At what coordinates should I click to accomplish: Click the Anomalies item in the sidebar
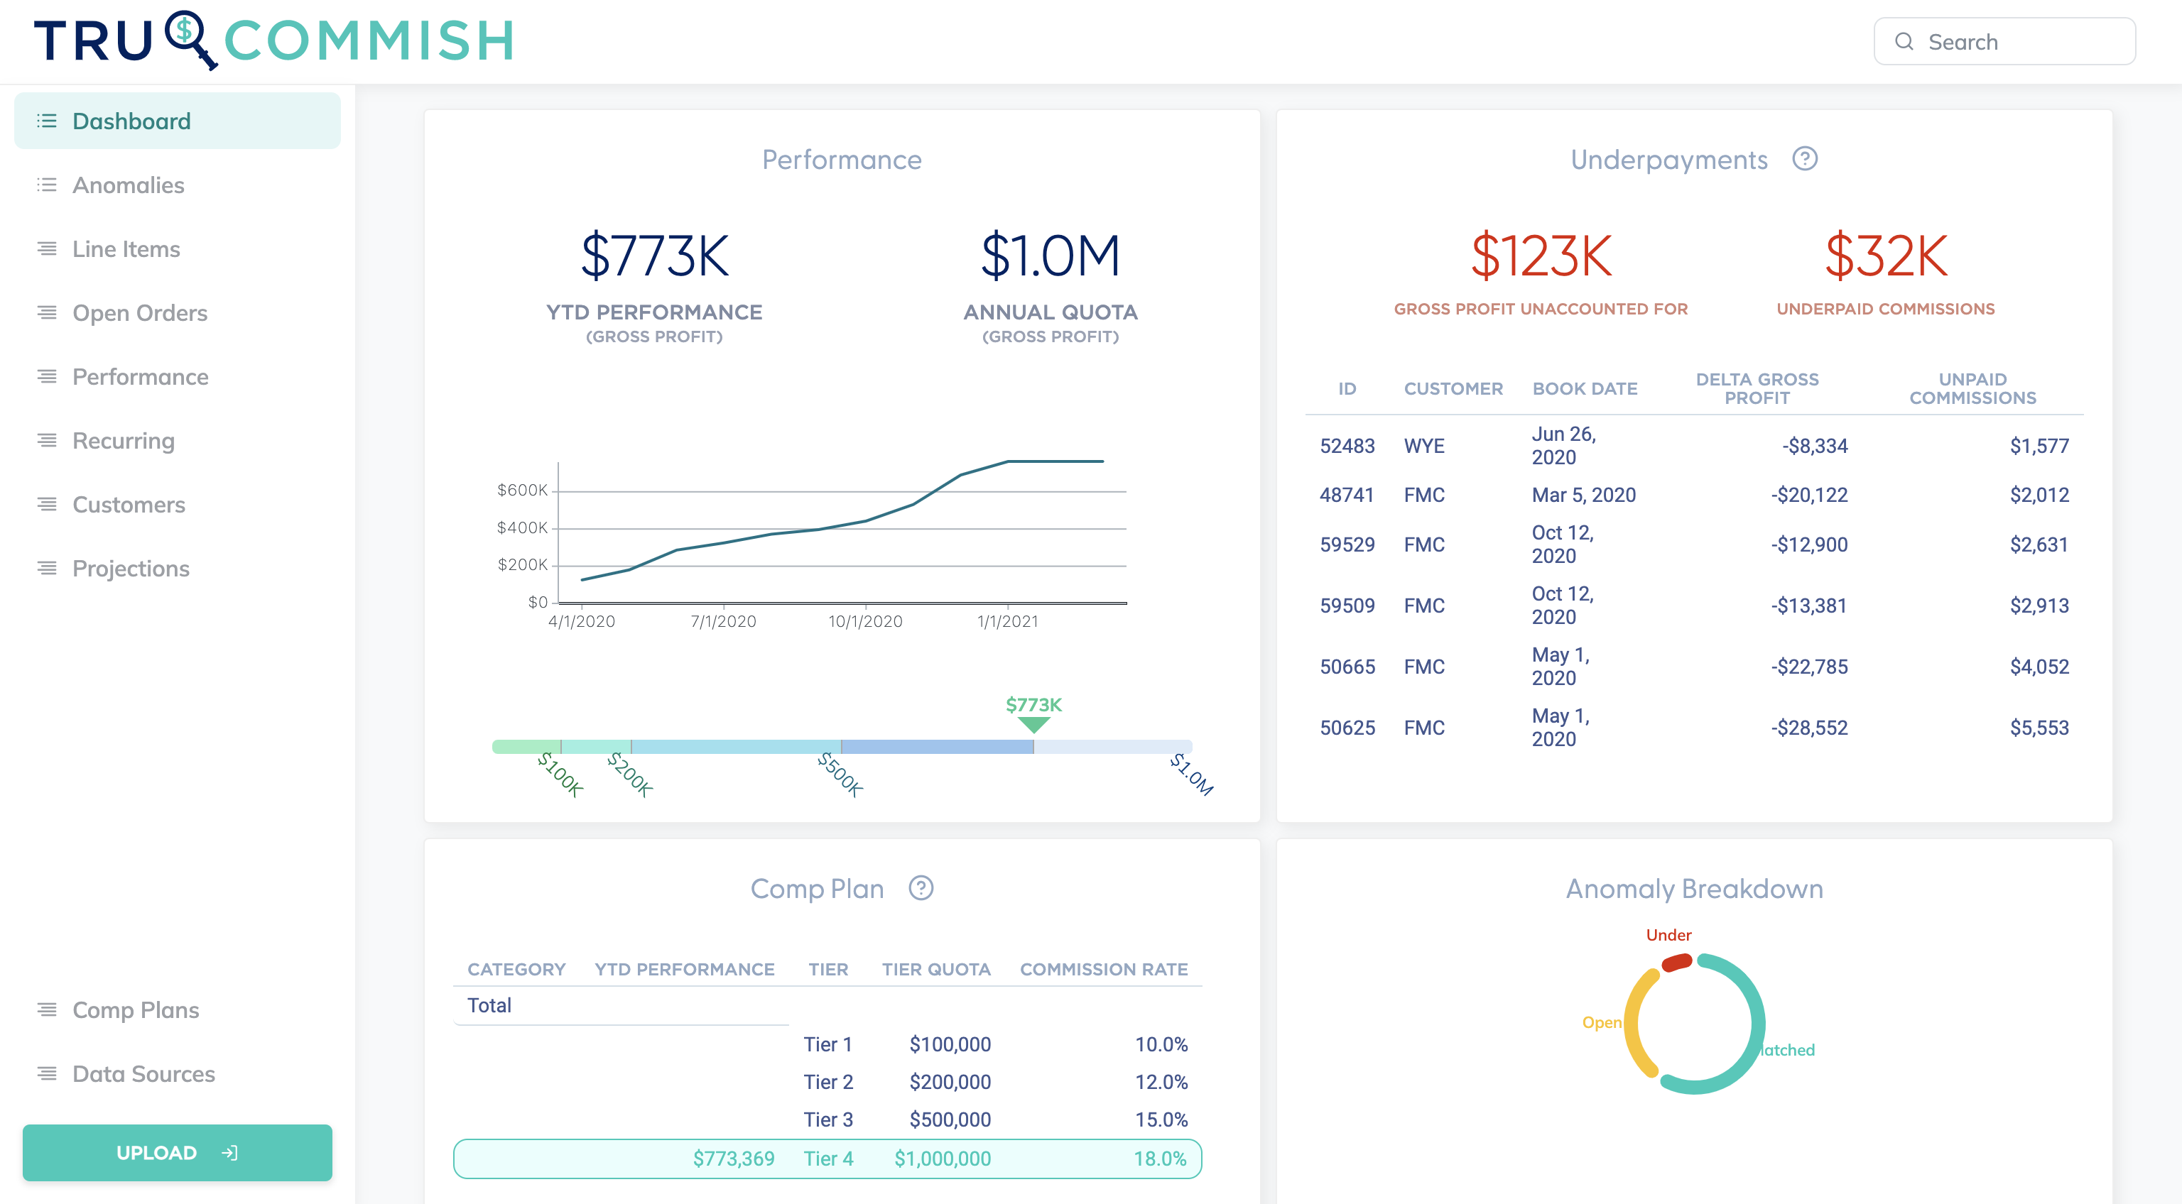128,185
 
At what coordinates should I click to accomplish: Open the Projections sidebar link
131,568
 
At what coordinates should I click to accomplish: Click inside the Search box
2016,41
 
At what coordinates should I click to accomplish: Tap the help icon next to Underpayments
1804,159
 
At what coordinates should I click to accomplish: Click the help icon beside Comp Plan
921,888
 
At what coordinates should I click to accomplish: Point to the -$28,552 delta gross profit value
1808,728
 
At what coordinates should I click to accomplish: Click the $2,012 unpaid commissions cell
2039,495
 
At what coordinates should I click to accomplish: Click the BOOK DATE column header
1585,388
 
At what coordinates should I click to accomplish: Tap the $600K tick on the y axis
523,491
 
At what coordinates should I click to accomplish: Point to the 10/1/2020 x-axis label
865,621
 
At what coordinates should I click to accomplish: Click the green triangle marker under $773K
1033,725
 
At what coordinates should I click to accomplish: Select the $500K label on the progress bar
840,775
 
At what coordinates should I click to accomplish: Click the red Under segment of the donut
1676,963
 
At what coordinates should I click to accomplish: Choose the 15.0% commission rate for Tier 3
1161,1120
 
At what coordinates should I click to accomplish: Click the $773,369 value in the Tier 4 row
734,1159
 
